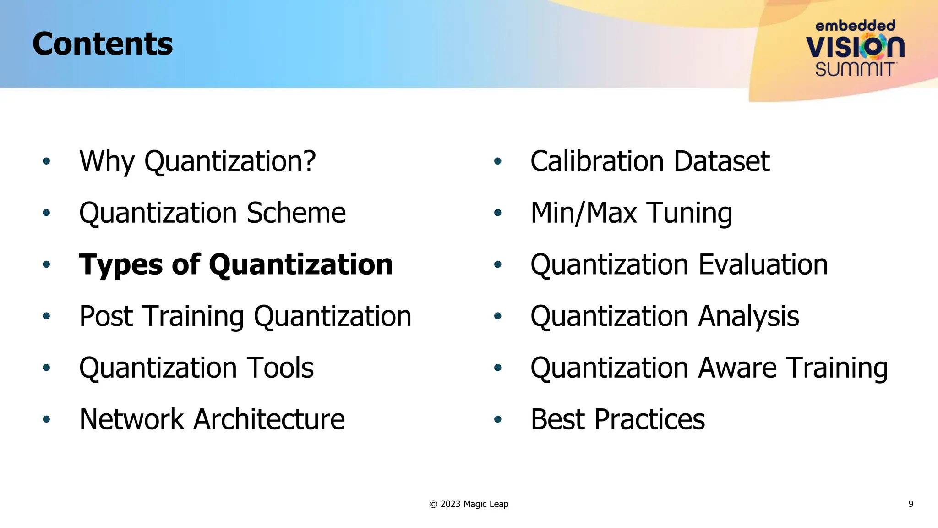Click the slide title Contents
[x=103, y=44]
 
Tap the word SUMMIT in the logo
[x=855, y=69]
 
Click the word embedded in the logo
[x=855, y=26]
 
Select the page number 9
[x=911, y=504]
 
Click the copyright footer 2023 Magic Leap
[x=469, y=504]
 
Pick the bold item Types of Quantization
[x=236, y=265]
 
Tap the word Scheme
[x=296, y=213]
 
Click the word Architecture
[x=269, y=420]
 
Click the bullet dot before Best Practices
[x=498, y=419]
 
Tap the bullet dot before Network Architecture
[x=46, y=419]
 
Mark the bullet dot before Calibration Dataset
[x=498, y=161]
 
